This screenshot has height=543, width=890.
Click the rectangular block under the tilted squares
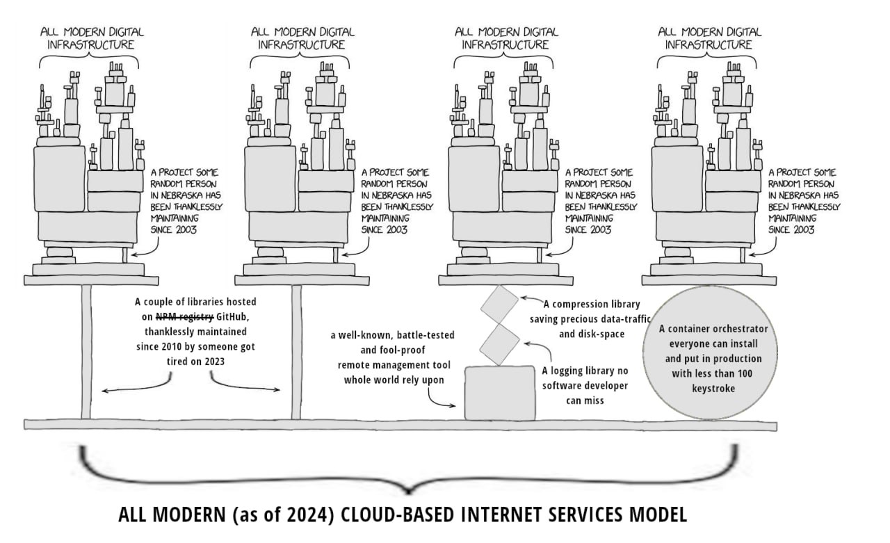point(500,393)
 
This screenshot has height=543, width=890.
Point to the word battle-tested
point(425,335)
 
